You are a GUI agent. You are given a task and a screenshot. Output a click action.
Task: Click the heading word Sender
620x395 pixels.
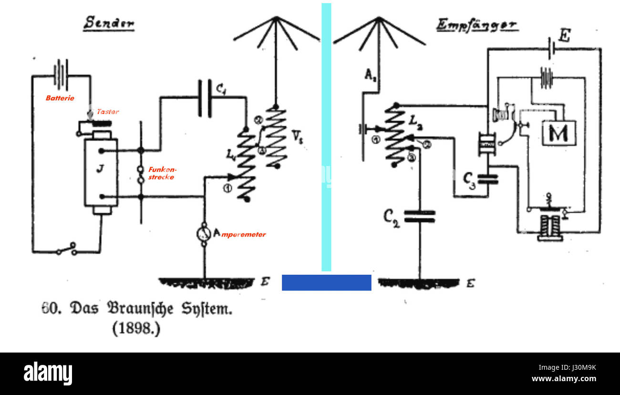click(x=109, y=23)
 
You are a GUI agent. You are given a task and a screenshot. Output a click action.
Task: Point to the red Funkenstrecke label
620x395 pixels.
click(x=161, y=173)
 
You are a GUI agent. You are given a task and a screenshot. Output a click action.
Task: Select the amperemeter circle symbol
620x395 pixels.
click(x=204, y=234)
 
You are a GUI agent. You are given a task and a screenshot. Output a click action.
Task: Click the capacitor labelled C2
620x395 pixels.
click(x=420, y=216)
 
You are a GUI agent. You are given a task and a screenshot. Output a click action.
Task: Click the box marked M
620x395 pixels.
click(x=558, y=133)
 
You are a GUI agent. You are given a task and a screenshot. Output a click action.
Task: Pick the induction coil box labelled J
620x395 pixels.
click(x=101, y=172)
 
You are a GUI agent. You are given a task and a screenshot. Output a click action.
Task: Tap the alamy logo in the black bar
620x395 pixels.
click(x=48, y=374)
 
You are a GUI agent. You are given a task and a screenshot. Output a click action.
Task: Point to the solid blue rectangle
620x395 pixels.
click(x=326, y=282)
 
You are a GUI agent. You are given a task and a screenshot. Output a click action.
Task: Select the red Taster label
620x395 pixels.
click(x=108, y=112)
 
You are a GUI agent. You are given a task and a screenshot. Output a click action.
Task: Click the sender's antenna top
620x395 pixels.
click(x=276, y=19)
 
